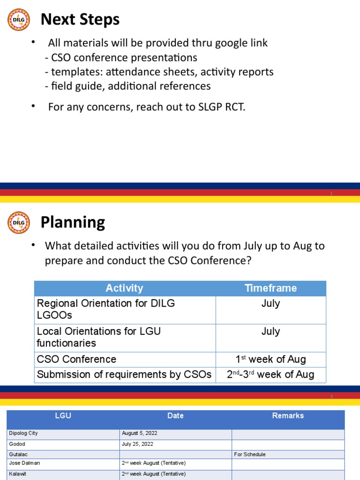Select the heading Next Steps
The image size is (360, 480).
[x=80, y=20]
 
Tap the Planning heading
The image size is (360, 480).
[x=73, y=222]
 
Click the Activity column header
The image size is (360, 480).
[x=124, y=288]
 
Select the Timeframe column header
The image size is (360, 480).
[x=270, y=288]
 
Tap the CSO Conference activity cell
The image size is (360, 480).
[x=77, y=360]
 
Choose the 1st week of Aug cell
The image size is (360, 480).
[x=270, y=360]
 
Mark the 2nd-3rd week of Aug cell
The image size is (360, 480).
[x=270, y=375]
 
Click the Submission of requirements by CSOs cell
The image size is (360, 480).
[x=124, y=375]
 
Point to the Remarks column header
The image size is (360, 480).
[x=288, y=416]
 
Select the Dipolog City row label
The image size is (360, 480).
[x=23, y=434]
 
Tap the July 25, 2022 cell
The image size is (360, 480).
[x=137, y=444]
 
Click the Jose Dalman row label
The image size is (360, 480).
[x=24, y=463]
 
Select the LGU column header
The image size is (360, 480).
[x=63, y=416]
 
